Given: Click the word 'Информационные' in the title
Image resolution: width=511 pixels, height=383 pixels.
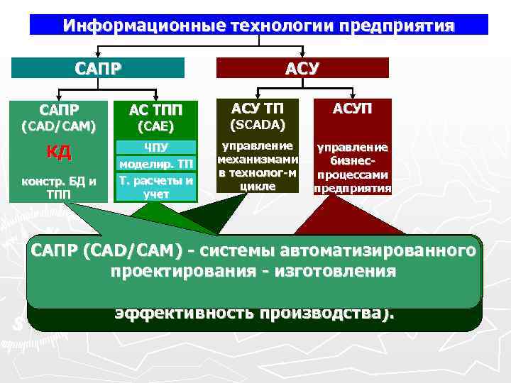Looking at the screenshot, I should tap(143, 26).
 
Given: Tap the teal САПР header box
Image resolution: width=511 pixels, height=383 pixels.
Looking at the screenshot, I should tap(99, 68).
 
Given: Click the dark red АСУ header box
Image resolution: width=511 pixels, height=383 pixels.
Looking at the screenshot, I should tap(302, 68).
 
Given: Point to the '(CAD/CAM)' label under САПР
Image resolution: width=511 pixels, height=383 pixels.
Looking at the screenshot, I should tap(60, 127).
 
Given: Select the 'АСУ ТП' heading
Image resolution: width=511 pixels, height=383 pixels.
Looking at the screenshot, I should tap(258, 108).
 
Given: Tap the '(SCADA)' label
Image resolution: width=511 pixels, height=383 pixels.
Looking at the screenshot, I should tap(258, 125).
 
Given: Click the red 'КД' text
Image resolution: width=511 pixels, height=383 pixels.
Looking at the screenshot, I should tap(59, 152).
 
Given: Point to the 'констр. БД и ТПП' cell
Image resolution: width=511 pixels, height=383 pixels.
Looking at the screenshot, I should tap(60, 187).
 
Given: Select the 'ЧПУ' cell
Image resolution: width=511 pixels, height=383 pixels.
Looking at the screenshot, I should tap(155, 148).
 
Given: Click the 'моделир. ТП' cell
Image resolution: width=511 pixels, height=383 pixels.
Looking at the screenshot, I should tap(155, 165).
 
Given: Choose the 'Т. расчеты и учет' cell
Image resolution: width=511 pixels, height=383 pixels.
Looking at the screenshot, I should tap(155, 187).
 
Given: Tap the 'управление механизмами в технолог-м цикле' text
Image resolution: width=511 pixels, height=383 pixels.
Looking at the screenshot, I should tap(257, 166).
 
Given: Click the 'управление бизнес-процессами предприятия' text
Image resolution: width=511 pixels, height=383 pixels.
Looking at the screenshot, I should tap(352, 168).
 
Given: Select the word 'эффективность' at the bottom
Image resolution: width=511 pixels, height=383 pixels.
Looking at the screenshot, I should tap(177, 313).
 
